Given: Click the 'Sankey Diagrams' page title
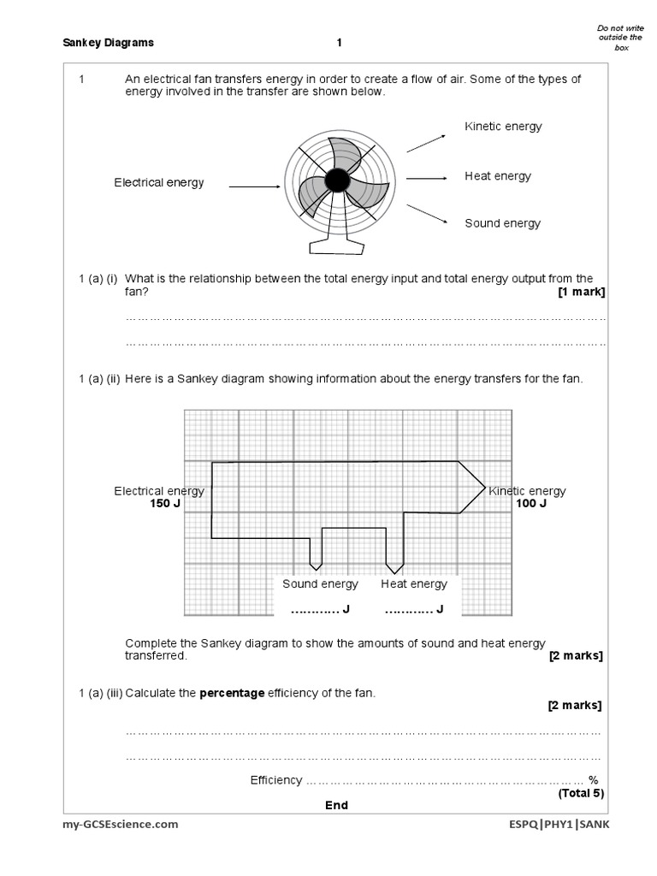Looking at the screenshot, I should tap(109, 43).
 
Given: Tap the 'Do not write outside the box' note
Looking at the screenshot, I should tap(614, 38).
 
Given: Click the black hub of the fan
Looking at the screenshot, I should tap(337, 180).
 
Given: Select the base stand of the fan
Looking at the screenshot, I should tap(336, 244).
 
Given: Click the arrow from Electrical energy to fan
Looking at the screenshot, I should tap(254, 186).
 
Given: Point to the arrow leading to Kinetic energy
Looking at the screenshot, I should tap(426, 143).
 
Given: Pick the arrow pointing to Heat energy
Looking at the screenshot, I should tap(427, 178).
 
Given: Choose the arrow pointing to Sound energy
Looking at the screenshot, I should tap(427, 213).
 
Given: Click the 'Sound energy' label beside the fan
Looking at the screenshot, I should tap(502, 223).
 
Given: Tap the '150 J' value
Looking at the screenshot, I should tap(164, 504).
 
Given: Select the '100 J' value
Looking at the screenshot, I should tap(530, 504).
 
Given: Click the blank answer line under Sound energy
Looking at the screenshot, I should tap(316, 609).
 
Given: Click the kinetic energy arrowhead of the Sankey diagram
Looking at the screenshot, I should tap(471, 488).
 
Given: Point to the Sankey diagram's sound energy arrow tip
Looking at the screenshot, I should tap(316, 565).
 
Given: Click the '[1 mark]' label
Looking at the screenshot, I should tap(581, 292).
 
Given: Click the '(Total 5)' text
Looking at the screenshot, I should tap(581, 793).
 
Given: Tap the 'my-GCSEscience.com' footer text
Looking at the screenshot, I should tap(121, 825).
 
